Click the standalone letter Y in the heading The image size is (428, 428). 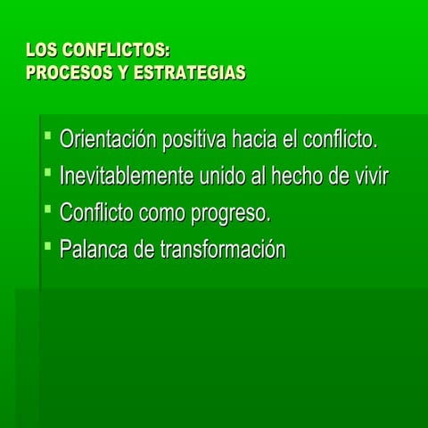click(123, 72)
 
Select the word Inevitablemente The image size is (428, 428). click(125, 177)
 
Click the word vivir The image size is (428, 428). click(368, 177)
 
